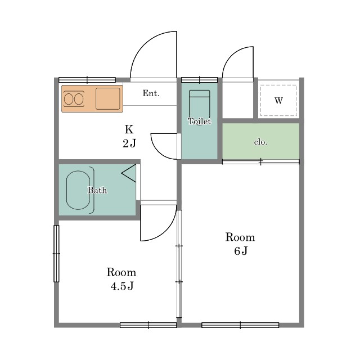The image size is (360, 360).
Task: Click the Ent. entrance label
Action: (x=151, y=93)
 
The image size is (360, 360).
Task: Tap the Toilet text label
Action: (x=199, y=121)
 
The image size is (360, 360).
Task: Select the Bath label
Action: (x=97, y=190)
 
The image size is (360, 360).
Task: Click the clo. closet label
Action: (x=260, y=142)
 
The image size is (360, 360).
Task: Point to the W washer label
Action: (x=278, y=101)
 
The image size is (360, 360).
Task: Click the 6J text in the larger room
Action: (x=241, y=251)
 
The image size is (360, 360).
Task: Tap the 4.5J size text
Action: (x=122, y=286)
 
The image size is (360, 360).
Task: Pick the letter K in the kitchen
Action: (x=129, y=129)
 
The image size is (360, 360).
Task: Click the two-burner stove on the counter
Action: (x=74, y=99)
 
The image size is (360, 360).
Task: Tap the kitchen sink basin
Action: (x=107, y=99)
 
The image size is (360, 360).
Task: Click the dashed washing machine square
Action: (x=278, y=85)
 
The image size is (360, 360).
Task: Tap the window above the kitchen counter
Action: (x=87, y=80)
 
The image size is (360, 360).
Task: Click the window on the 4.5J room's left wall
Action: (x=56, y=254)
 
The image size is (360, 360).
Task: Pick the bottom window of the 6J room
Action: (x=240, y=325)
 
